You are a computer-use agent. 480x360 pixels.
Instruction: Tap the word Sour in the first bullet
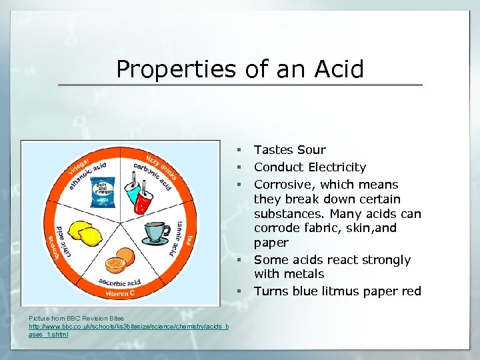click(312, 150)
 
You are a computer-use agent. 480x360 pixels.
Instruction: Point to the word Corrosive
click(285, 185)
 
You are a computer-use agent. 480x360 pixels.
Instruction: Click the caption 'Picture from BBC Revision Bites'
click(77, 319)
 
